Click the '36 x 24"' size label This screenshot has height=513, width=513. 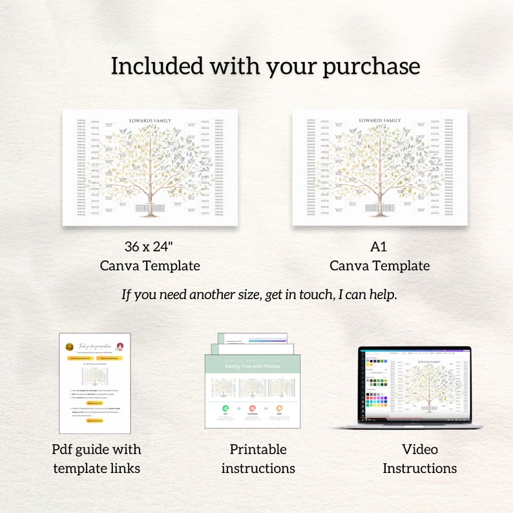pyautogui.click(x=150, y=246)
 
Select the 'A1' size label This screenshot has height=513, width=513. pyautogui.click(x=379, y=246)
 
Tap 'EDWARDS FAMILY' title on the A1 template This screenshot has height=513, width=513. pyautogui.click(x=379, y=120)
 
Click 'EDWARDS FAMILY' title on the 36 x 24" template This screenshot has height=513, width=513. pyautogui.click(x=150, y=120)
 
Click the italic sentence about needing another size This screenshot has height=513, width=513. pyautogui.click(x=259, y=295)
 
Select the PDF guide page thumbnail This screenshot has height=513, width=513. pyautogui.click(x=95, y=383)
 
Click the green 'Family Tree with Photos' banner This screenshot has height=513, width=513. pyautogui.click(x=253, y=366)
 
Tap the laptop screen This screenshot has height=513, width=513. pyautogui.click(x=415, y=384)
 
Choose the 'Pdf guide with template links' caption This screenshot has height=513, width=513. pyautogui.click(x=96, y=459)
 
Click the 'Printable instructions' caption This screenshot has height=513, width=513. pyautogui.click(x=258, y=459)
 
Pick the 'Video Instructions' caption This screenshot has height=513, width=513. pyautogui.click(x=419, y=459)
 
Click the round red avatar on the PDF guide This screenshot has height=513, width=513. pyautogui.click(x=120, y=346)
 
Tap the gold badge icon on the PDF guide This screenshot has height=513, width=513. pyautogui.click(x=70, y=346)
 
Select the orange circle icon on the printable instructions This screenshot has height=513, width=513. pyautogui.click(x=280, y=408)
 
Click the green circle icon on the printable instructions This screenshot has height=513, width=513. pyautogui.click(x=225, y=408)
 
